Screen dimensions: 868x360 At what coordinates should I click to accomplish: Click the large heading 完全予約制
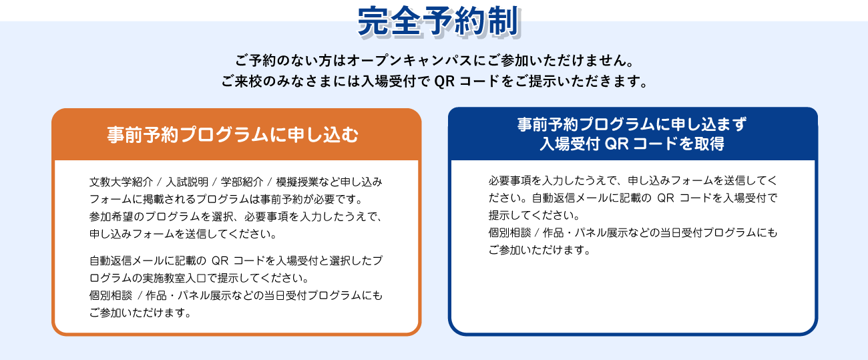coord(438,21)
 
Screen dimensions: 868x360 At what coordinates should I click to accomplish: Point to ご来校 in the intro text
coord(242,81)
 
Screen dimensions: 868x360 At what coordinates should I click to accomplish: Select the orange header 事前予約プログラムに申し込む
coord(232,135)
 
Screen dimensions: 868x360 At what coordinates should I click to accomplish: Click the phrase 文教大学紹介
coord(122,182)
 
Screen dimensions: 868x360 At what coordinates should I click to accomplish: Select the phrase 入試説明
coord(187,182)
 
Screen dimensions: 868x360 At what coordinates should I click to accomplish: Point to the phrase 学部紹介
coord(242,182)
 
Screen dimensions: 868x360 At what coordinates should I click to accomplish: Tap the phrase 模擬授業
coord(297,182)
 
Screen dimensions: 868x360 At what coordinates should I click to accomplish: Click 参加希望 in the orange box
coord(110,216)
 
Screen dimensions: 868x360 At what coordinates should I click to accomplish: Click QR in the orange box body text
coord(220,260)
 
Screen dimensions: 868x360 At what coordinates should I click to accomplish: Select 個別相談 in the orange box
coord(110,296)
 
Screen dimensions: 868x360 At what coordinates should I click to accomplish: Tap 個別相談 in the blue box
coord(509,232)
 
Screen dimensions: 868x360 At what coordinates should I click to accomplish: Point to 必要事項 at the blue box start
coord(509,180)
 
